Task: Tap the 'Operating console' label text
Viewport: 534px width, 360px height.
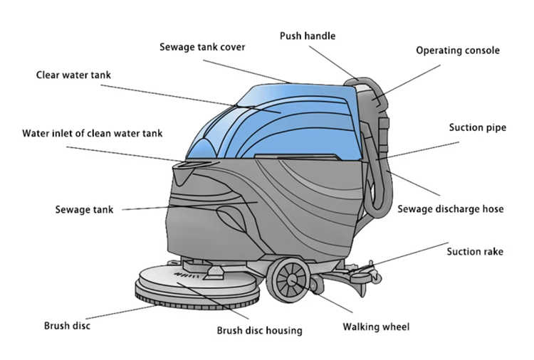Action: coord(458,51)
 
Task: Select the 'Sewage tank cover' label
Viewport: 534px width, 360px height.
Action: coord(201,47)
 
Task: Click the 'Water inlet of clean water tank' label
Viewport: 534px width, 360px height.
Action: coord(93,133)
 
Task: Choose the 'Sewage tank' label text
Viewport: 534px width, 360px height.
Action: coord(84,210)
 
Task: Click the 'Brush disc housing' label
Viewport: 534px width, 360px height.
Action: coord(259,330)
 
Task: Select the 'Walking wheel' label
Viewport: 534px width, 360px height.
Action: coord(376,327)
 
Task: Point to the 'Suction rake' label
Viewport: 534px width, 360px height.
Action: coord(475,251)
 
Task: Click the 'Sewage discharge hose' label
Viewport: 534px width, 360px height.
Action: coord(450,209)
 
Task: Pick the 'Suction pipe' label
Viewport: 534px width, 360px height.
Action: coord(477,128)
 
